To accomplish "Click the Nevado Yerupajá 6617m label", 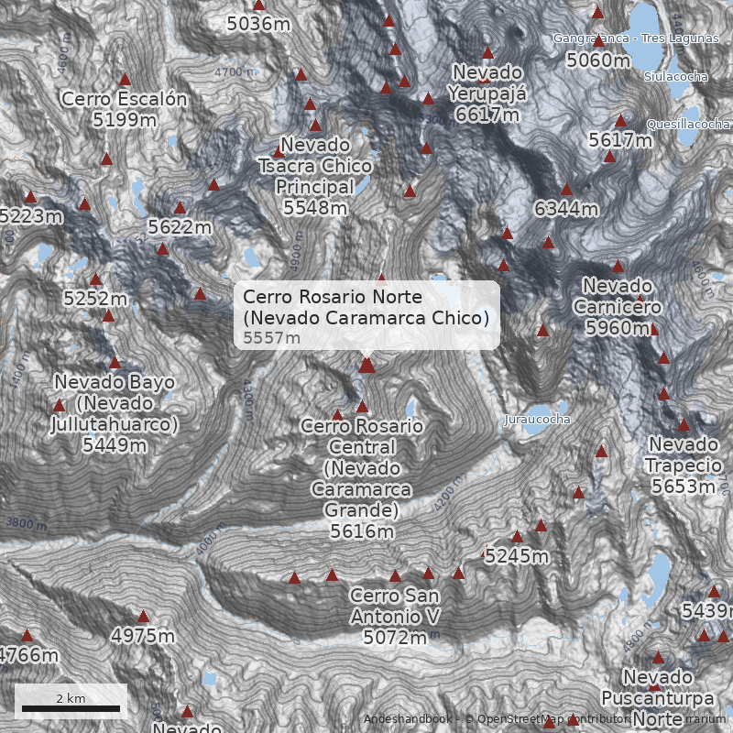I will (486, 93).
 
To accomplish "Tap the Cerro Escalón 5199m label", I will (124, 109).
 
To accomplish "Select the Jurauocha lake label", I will (537, 420).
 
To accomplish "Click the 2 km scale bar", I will (71, 707).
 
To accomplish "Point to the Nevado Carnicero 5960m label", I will (617, 306).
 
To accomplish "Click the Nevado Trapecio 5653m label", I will (683, 465).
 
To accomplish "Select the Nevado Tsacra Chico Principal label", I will (315, 177).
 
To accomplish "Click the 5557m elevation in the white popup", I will (272, 338).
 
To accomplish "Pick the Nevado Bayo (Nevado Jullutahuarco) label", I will (115, 413).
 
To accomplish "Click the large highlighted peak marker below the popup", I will (366, 366).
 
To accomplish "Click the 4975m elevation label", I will (143, 636).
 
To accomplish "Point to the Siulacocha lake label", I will (675, 77).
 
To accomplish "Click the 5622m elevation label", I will (180, 226).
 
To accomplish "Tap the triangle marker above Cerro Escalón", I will (125, 80).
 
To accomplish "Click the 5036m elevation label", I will (257, 24).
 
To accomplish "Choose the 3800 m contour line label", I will (26, 524).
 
